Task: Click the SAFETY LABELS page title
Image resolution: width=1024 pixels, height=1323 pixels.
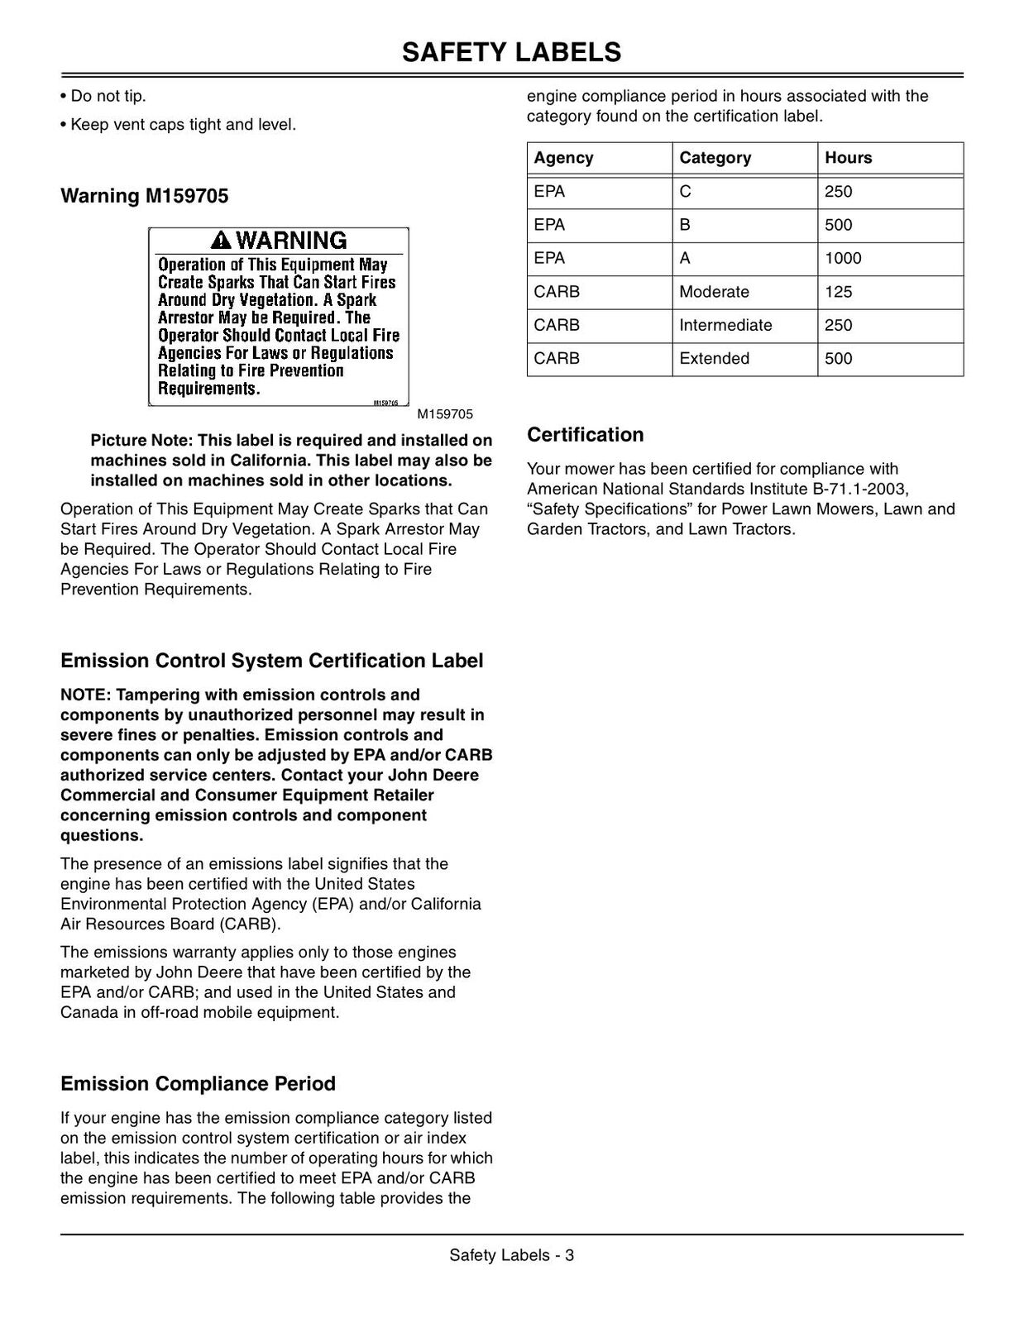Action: tap(511, 52)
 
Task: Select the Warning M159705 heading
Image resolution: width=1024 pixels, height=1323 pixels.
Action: tap(145, 196)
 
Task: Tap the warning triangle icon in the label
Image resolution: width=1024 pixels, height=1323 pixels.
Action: tap(221, 241)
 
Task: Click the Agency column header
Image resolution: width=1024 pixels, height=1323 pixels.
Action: tap(563, 158)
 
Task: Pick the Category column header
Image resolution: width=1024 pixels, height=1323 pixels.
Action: tap(715, 158)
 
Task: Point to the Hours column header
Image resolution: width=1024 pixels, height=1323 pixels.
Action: tap(848, 158)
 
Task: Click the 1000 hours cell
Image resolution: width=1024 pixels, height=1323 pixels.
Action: tap(843, 259)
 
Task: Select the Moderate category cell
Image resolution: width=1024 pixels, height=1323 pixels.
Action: tap(714, 292)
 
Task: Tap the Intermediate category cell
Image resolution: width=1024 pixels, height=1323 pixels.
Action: tap(725, 325)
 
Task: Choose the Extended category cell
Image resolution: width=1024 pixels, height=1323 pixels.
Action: tap(714, 359)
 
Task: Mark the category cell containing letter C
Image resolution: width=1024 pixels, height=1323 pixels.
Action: tap(685, 192)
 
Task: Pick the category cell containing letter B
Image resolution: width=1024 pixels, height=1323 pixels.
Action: tap(685, 225)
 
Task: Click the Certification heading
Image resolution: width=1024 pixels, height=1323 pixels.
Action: tap(585, 435)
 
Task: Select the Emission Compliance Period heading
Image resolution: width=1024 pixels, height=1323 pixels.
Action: tap(198, 1084)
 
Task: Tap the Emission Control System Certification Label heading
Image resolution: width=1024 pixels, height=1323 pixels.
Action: tap(271, 661)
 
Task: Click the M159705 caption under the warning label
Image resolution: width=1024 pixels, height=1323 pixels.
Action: tap(445, 414)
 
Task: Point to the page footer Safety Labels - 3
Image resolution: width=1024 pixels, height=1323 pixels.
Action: tap(511, 1255)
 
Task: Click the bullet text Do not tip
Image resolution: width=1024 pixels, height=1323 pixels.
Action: tap(108, 96)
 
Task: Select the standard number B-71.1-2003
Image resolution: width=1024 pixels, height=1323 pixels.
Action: tap(859, 489)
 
